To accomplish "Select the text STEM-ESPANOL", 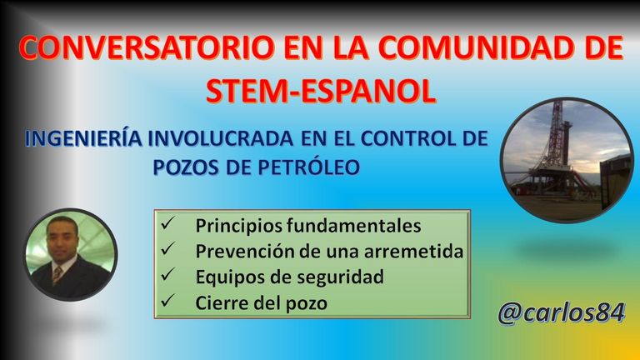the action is tap(321, 91).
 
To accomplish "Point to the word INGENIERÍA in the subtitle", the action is tap(83, 138).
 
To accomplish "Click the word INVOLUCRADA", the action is tap(220, 138).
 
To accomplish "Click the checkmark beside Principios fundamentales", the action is tap(167, 222).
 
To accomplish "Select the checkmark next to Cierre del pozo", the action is tap(167, 300).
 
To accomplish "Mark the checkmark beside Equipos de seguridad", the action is tap(167, 274).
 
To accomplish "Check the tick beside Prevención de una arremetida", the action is tap(167, 248).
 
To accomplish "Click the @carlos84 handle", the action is tap(562, 313).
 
